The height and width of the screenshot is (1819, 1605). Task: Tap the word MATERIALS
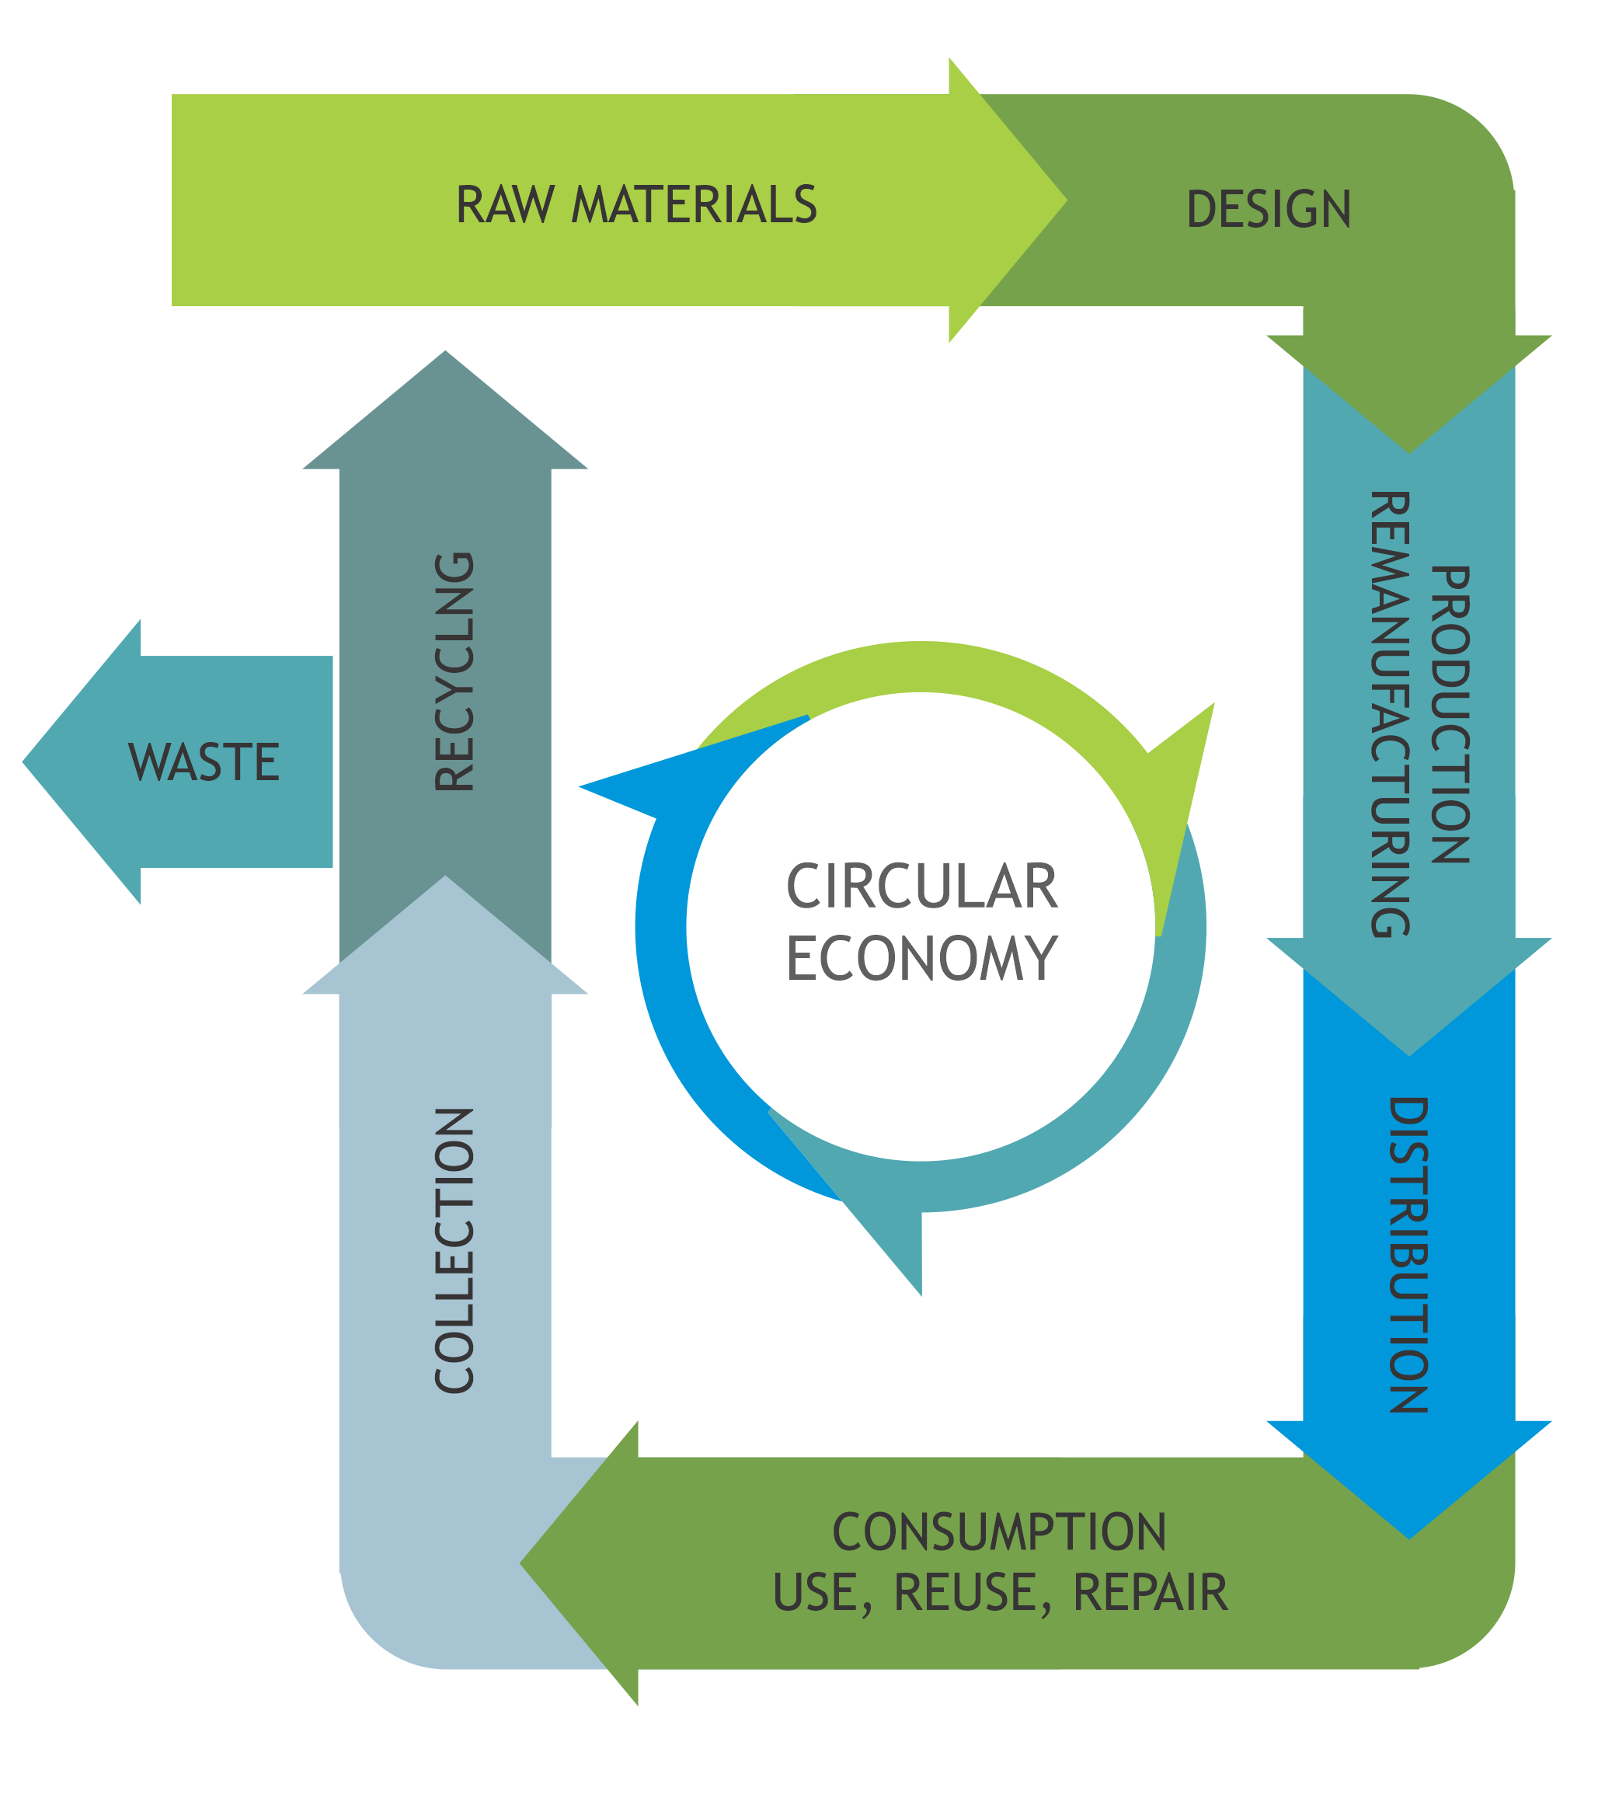(x=694, y=204)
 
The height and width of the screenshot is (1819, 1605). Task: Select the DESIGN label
(x=1268, y=210)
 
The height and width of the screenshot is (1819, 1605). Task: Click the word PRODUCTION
(x=1450, y=715)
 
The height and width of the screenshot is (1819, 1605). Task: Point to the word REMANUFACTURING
(x=1389, y=714)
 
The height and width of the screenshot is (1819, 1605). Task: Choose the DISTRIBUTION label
(x=1408, y=1255)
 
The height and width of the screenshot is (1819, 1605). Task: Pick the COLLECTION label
(x=454, y=1250)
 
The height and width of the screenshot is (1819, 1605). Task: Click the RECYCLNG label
(x=454, y=672)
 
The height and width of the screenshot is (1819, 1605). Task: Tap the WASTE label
(x=204, y=763)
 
